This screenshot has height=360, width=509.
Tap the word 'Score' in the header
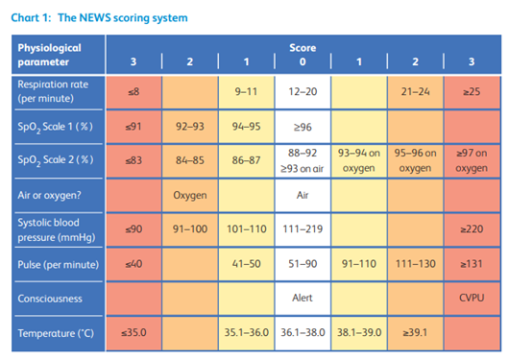pos(303,47)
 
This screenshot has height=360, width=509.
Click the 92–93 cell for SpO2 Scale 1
pos(190,125)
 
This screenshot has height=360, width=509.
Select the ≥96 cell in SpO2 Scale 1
pos(303,125)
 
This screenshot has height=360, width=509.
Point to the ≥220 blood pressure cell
pos(471,228)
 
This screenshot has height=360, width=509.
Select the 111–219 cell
pos(303,228)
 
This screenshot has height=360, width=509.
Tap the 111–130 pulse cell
pos(415,262)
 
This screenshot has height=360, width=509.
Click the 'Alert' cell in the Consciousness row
pos(303,298)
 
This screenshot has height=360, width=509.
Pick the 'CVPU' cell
pos(471,298)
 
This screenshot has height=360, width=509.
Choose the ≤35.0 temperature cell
pos(133,332)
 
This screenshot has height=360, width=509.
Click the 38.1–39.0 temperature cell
pos(358,332)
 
